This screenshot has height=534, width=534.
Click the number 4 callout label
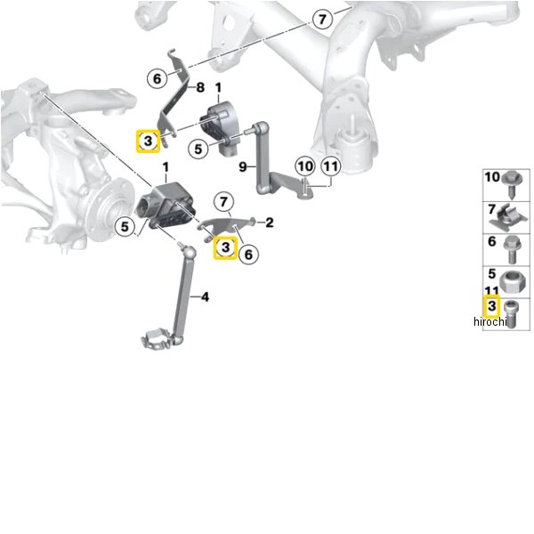(205, 297)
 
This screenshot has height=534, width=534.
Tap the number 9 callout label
(242, 167)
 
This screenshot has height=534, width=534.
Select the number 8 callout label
(200, 87)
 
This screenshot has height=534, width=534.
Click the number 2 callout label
(270, 222)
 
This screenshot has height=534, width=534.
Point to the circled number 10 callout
(305, 166)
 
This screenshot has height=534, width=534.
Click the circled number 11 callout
(331, 166)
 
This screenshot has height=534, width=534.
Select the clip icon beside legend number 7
(508, 218)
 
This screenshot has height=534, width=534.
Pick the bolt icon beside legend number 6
(511, 250)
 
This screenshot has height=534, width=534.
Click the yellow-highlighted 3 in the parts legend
(491, 306)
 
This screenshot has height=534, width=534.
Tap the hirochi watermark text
(490, 321)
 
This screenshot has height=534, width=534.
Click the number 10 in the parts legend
(492, 177)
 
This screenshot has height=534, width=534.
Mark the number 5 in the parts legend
(491, 273)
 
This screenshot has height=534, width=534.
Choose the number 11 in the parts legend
(491, 291)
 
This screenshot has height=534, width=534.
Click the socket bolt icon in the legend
(510, 314)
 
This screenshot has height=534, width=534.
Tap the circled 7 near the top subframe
(322, 19)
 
